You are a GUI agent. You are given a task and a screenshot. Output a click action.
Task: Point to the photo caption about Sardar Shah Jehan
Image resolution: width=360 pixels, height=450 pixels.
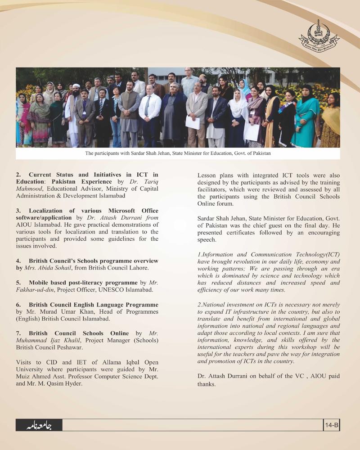tap(178, 153)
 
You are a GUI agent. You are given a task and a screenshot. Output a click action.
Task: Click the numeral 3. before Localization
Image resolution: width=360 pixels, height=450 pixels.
tap(18, 210)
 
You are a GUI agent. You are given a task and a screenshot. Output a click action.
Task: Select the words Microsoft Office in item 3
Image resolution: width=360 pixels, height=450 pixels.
tap(133, 210)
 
